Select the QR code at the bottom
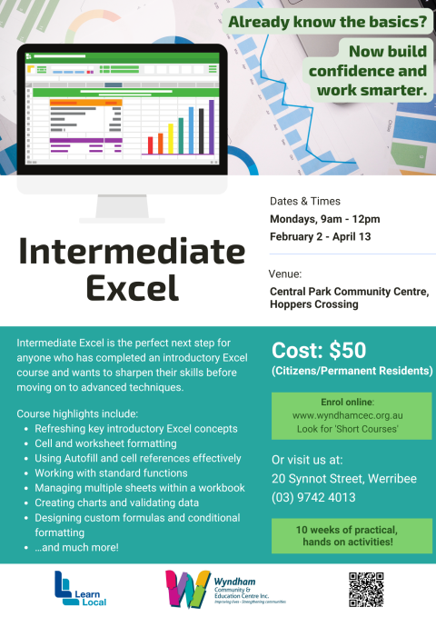pyautogui.click(x=366, y=591)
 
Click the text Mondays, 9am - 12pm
pyautogui.click(x=324, y=219)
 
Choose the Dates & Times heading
pyautogui.click(x=304, y=201)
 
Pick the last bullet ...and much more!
pyautogui.click(x=76, y=547)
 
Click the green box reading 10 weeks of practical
pyautogui.click(x=351, y=536)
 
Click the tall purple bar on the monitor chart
pyautogui.click(x=212, y=126)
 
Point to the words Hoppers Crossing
pyautogui.click(x=314, y=305)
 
